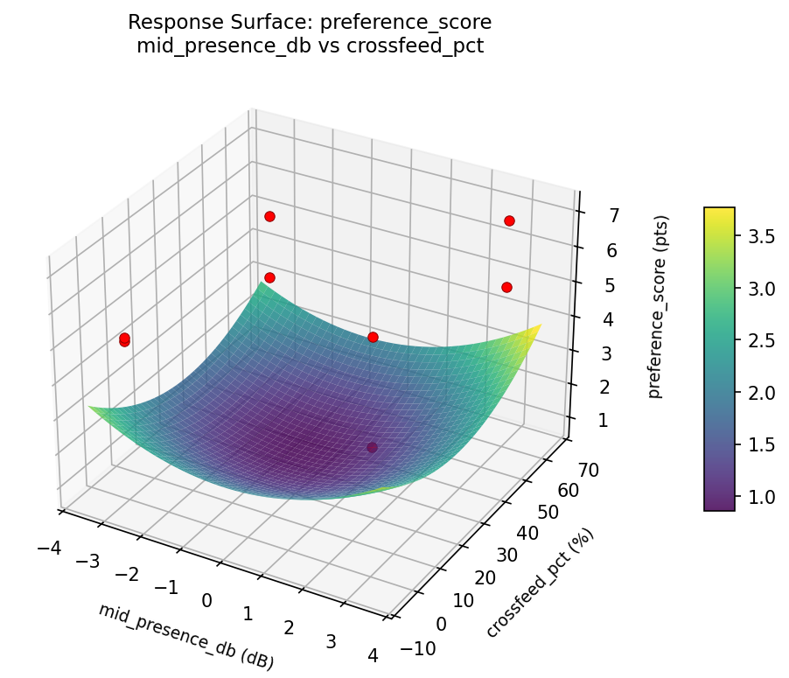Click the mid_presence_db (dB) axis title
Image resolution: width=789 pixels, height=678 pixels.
186,636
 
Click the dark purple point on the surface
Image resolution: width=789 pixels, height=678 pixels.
372,447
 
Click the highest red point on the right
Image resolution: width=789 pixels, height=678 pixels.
509,220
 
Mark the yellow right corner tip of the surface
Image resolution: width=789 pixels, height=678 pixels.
540,325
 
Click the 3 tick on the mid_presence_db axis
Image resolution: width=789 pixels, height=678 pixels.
331,641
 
